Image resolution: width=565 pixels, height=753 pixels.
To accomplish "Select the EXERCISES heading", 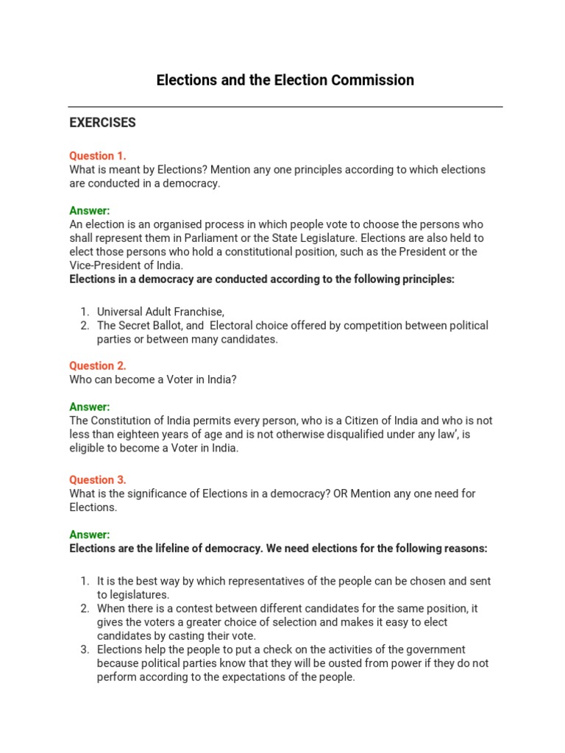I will (x=102, y=123).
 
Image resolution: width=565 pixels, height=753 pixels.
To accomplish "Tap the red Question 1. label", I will (x=98, y=156).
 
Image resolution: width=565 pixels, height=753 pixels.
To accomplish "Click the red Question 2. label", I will (x=98, y=365).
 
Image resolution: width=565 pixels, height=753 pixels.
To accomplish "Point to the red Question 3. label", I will (x=98, y=479).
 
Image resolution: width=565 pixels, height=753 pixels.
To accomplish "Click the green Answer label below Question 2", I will (x=89, y=407).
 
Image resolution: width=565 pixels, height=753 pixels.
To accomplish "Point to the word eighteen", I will (x=140, y=435).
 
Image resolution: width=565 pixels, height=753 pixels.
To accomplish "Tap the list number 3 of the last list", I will (x=85, y=649).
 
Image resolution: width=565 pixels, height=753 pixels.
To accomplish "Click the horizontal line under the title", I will (x=285, y=107).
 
